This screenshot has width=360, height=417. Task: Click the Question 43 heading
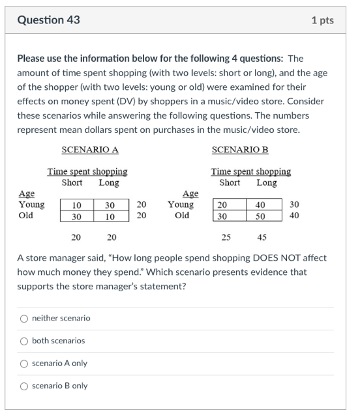49,20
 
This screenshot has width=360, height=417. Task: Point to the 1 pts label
322,20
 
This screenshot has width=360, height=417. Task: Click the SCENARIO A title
90,150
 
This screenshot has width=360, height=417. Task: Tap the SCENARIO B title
240,150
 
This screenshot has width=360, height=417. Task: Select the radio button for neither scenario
24,319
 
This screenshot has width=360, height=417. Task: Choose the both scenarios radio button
24,341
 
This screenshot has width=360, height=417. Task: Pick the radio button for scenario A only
24,364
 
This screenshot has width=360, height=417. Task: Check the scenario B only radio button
24,386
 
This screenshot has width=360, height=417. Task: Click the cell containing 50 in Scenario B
260,216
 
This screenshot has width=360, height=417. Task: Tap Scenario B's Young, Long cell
260,205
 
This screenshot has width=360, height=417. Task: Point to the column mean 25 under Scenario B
226,237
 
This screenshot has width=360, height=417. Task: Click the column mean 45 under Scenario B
262,237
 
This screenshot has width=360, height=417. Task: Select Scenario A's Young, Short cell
76,205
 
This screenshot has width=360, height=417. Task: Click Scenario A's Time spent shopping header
87,172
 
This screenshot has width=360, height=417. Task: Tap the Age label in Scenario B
190,194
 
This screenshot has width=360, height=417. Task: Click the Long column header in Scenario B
266,183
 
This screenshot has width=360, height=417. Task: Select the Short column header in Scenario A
72,183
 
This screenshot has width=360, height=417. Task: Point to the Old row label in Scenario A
26,216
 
